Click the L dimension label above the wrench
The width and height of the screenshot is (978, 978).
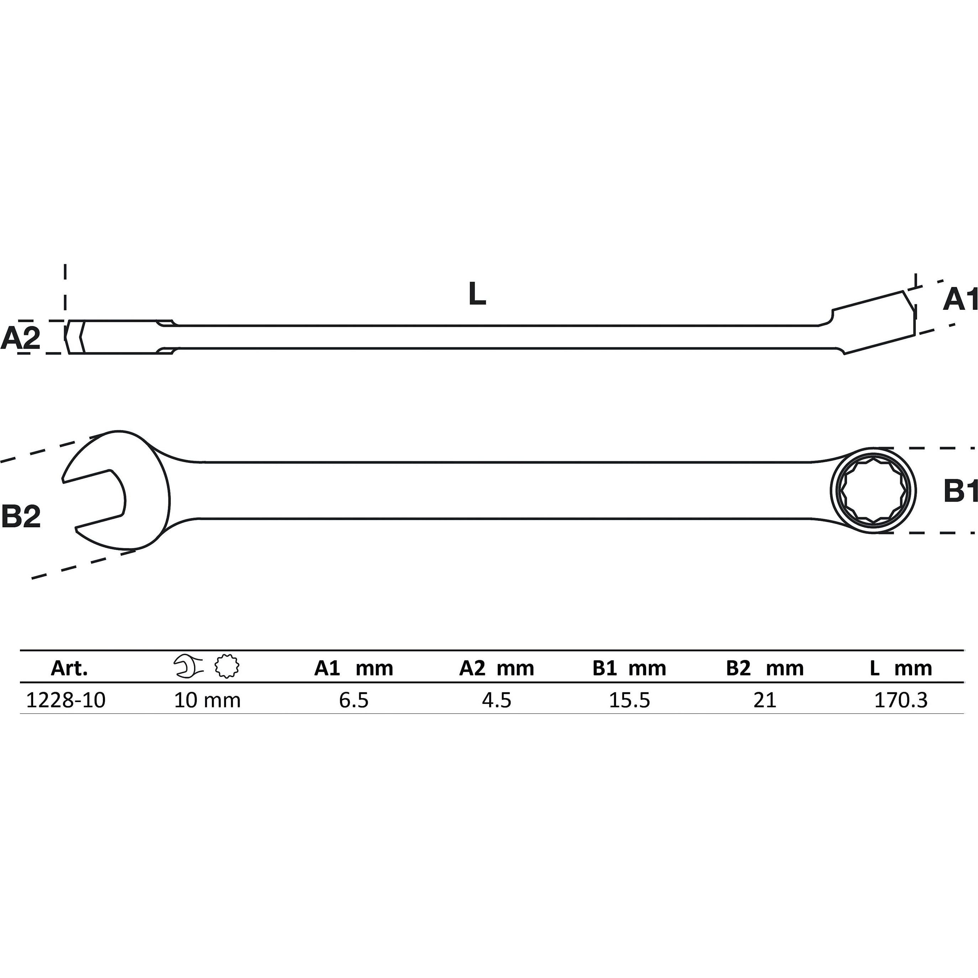[x=477, y=294]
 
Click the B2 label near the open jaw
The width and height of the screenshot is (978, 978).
[x=21, y=516]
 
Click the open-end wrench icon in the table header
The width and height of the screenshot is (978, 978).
[x=188, y=667]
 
